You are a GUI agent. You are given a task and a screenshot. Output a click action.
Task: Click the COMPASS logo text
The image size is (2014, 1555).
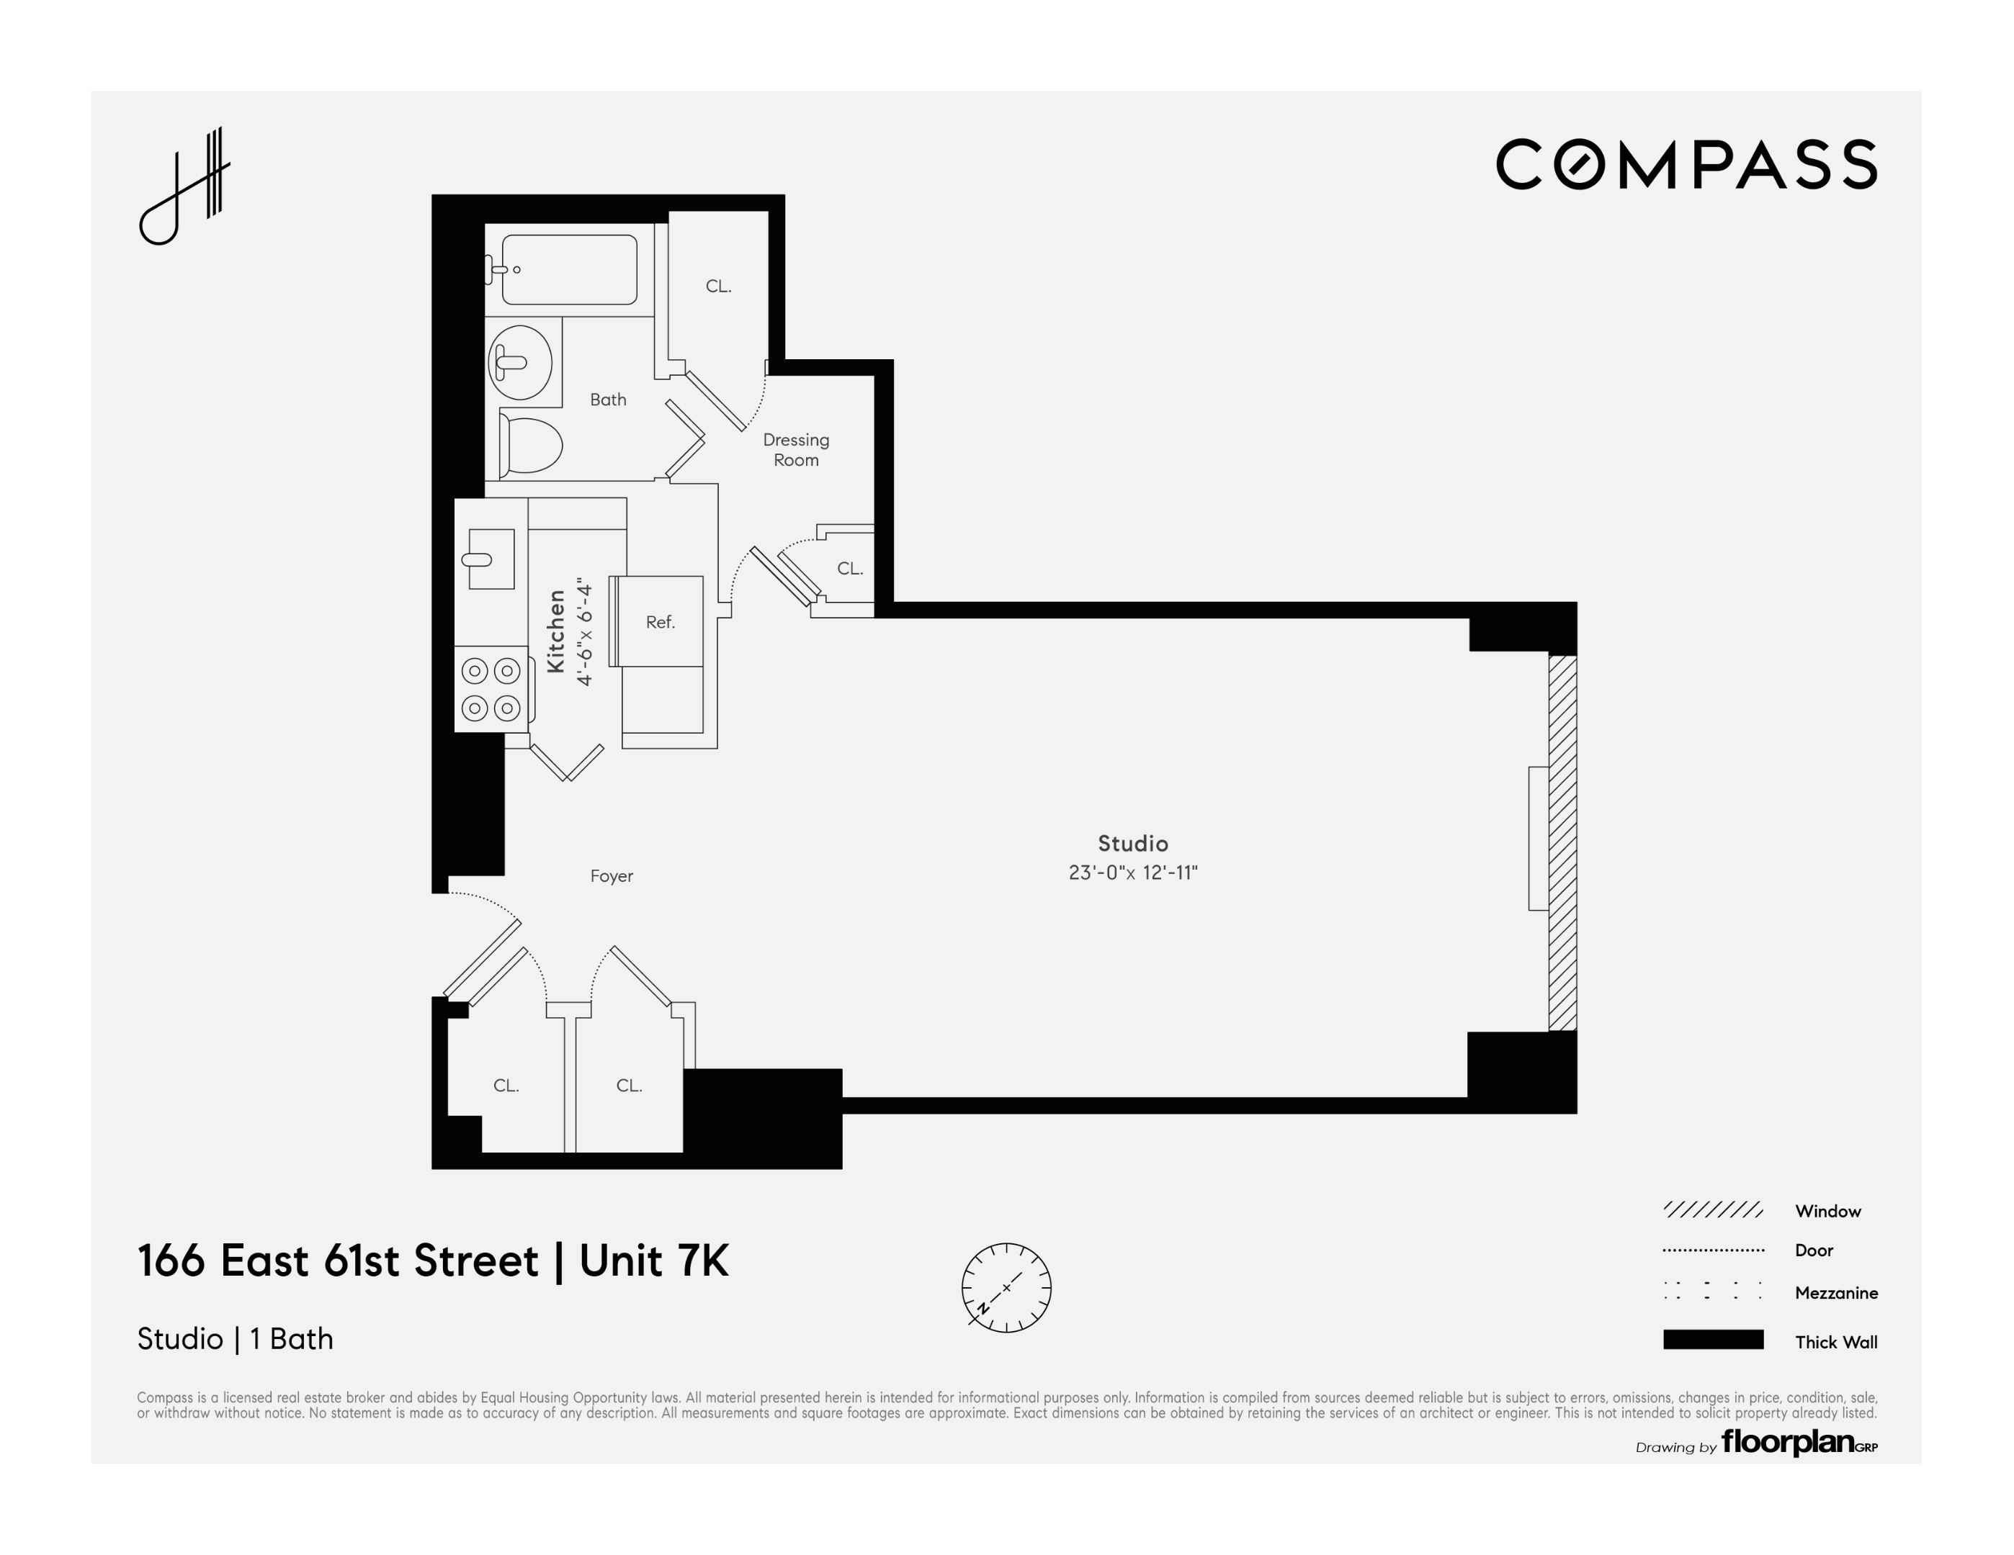point(1686,165)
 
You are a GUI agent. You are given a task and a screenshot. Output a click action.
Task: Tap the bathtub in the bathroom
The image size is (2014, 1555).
point(569,269)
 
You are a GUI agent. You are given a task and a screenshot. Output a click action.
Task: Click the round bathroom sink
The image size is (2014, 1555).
point(520,362)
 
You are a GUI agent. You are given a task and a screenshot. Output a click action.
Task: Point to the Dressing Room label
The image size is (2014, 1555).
point(796,450)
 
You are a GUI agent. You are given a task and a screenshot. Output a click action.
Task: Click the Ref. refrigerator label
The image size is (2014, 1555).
point(661,622)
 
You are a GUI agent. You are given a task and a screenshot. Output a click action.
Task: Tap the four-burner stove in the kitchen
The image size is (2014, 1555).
point(491,690)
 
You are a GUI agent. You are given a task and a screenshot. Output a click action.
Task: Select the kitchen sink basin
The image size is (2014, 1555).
point(491,559)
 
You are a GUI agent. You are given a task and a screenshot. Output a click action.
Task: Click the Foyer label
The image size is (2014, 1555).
point(612,875)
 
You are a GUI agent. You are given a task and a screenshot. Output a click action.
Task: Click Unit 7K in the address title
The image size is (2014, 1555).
point(654,1261)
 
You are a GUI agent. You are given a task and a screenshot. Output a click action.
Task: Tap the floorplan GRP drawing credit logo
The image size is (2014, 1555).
point(1797,1442)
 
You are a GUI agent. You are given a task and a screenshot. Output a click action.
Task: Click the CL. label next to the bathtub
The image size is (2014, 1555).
point(718,287)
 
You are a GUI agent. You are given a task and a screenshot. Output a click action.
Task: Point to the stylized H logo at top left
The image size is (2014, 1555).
point(184,186)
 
